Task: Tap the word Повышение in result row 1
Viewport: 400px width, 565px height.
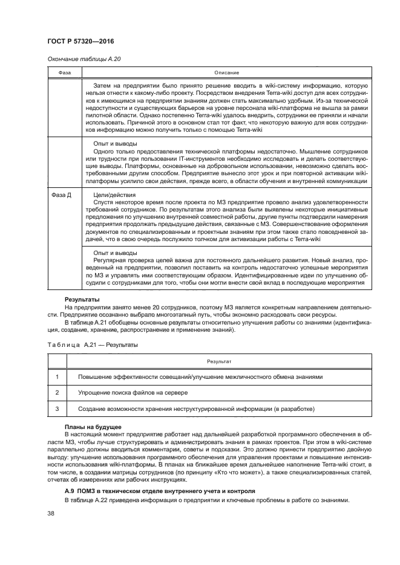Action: [x=96, y=376]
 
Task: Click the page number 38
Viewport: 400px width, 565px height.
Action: [x=51, y=514]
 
